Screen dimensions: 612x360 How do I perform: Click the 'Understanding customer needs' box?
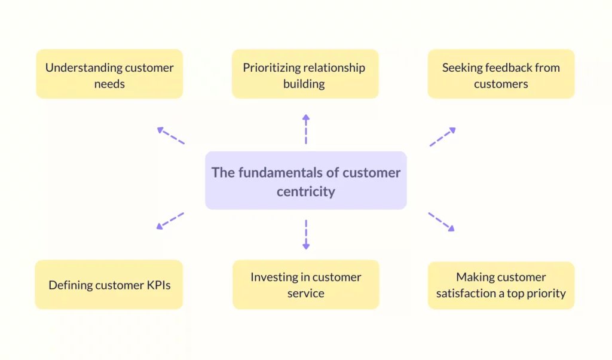(110, 74)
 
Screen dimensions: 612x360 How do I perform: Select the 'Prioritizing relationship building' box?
(305, 74)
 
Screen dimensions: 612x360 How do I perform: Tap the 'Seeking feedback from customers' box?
(501, 74)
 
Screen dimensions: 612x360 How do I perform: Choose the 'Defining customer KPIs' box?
(109, 285)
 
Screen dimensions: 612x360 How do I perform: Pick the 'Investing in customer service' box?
(306, 285)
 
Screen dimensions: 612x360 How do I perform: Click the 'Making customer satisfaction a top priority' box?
(501, 285)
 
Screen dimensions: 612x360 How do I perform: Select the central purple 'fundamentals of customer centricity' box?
(306, 181)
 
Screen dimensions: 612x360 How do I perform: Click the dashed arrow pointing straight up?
(306, 129)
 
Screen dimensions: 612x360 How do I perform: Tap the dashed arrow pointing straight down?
(306, 234)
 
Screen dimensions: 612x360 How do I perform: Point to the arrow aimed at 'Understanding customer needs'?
(170, 136)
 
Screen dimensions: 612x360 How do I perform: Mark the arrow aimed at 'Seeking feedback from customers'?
(443, 137)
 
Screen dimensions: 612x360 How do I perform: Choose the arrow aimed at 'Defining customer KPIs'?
(170, 221)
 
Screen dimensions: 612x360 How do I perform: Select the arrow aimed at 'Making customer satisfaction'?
(442, 222)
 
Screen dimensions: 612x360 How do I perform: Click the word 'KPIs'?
(158, 285)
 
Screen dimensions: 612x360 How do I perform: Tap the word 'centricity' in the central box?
(306, 191)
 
